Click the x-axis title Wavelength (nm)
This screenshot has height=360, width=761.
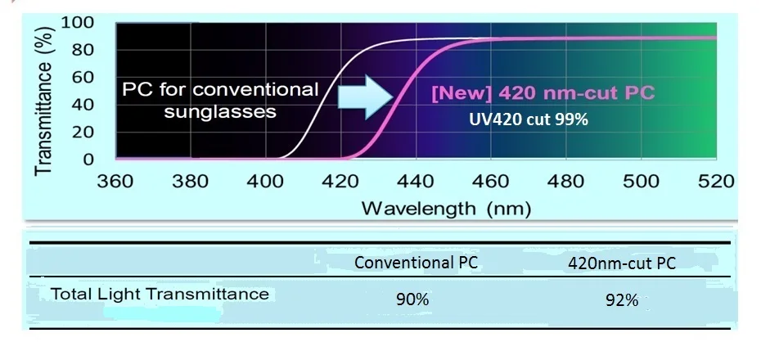(x=446, y=208)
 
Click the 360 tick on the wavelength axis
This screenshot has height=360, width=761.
(x=115, y=180)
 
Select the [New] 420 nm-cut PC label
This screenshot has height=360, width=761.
(x=543, y=92)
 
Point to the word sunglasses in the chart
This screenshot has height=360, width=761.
(x=220, y=111)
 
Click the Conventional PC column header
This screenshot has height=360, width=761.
(x=416, y=263)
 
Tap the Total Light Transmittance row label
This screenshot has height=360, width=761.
(x=160, y=294)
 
